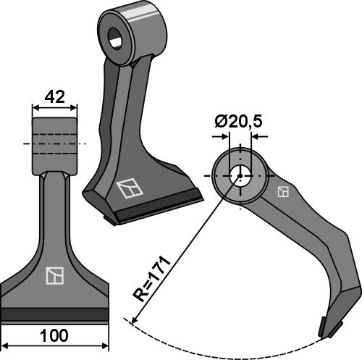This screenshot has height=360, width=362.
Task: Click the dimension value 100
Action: click(x=54, y=336)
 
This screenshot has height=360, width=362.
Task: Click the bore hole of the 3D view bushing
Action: click(x=116, y=38)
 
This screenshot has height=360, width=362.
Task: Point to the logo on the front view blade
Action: click(x=54, y=275)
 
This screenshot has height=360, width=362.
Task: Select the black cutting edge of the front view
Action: click(x=54, y=314)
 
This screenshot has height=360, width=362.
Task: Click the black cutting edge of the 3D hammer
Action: click(x=156, y=211)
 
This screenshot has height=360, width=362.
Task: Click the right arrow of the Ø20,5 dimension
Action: click(x=258, y=135)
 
